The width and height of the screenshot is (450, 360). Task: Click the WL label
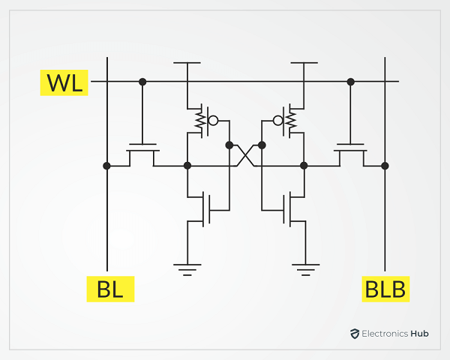[x=64, y=82]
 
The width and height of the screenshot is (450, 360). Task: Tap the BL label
[x=110, y=289]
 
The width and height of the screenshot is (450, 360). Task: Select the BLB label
[x=385, y=289]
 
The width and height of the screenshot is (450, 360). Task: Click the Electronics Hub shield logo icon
[x=355, y=334]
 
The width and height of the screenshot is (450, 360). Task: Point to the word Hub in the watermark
[x=419, y=334]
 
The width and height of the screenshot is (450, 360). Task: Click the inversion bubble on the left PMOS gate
[x=213, y=121]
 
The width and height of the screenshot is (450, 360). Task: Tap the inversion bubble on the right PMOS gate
[x=277, y=121]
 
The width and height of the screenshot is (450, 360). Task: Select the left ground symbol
[x=187, y=270]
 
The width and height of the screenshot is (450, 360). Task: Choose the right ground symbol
[x=306, y=270]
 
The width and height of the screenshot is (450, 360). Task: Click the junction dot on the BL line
[x=106, y=166]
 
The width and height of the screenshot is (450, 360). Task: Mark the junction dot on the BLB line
[x=385, y=166]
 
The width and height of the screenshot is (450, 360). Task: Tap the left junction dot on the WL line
[x=142, y=82]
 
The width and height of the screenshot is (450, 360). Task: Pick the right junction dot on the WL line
[x=350, y=82]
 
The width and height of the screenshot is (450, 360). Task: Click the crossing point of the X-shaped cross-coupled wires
[x=245, y=155]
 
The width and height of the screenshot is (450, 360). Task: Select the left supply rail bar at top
[x=187, y=62]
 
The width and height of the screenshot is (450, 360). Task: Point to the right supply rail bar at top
[x=304, y=62]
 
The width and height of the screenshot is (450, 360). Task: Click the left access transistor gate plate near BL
[x=142, y=144]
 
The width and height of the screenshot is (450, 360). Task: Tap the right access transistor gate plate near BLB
[x=350, y=144]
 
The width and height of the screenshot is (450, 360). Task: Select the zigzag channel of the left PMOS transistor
[x=200, y=121]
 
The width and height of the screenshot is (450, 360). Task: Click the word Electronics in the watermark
[x=385, y=334]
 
